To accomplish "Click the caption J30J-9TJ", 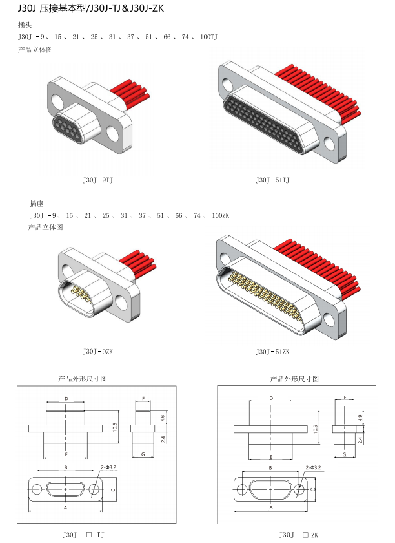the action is [x=97, y=180].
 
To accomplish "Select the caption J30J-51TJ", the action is [x=272, y=180].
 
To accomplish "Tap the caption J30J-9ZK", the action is [x=98, y=352].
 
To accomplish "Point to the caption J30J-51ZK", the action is [x=273, y=352].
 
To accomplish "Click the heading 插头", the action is [x=25, y=25].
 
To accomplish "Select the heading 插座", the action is [x=37, y=203].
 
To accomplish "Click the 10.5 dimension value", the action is [x=115, y=427].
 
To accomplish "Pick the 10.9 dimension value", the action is [x=315, y=429].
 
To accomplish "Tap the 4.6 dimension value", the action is [x=163, y=418].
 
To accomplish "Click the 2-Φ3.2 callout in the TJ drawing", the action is [x=108, y=467].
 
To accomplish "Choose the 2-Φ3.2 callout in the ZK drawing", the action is [x=313, y=467].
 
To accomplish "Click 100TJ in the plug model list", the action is [x=208, y=37].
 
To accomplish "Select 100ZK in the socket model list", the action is [x=220, y=215].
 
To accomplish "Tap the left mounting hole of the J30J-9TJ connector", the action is [x=57, y=100].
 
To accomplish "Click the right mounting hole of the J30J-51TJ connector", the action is [x=329, y=143].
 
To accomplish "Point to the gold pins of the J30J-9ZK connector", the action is [x=81, y=293].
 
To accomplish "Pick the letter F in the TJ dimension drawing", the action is [x=143, y=399].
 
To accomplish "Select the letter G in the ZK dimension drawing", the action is [x=344, y=454].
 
